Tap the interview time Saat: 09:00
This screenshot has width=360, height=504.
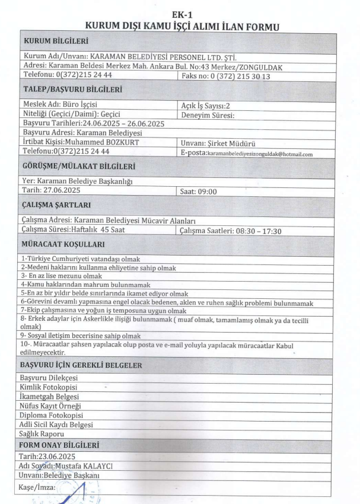coord(198,192)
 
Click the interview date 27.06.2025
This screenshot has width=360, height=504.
coord(61,191)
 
